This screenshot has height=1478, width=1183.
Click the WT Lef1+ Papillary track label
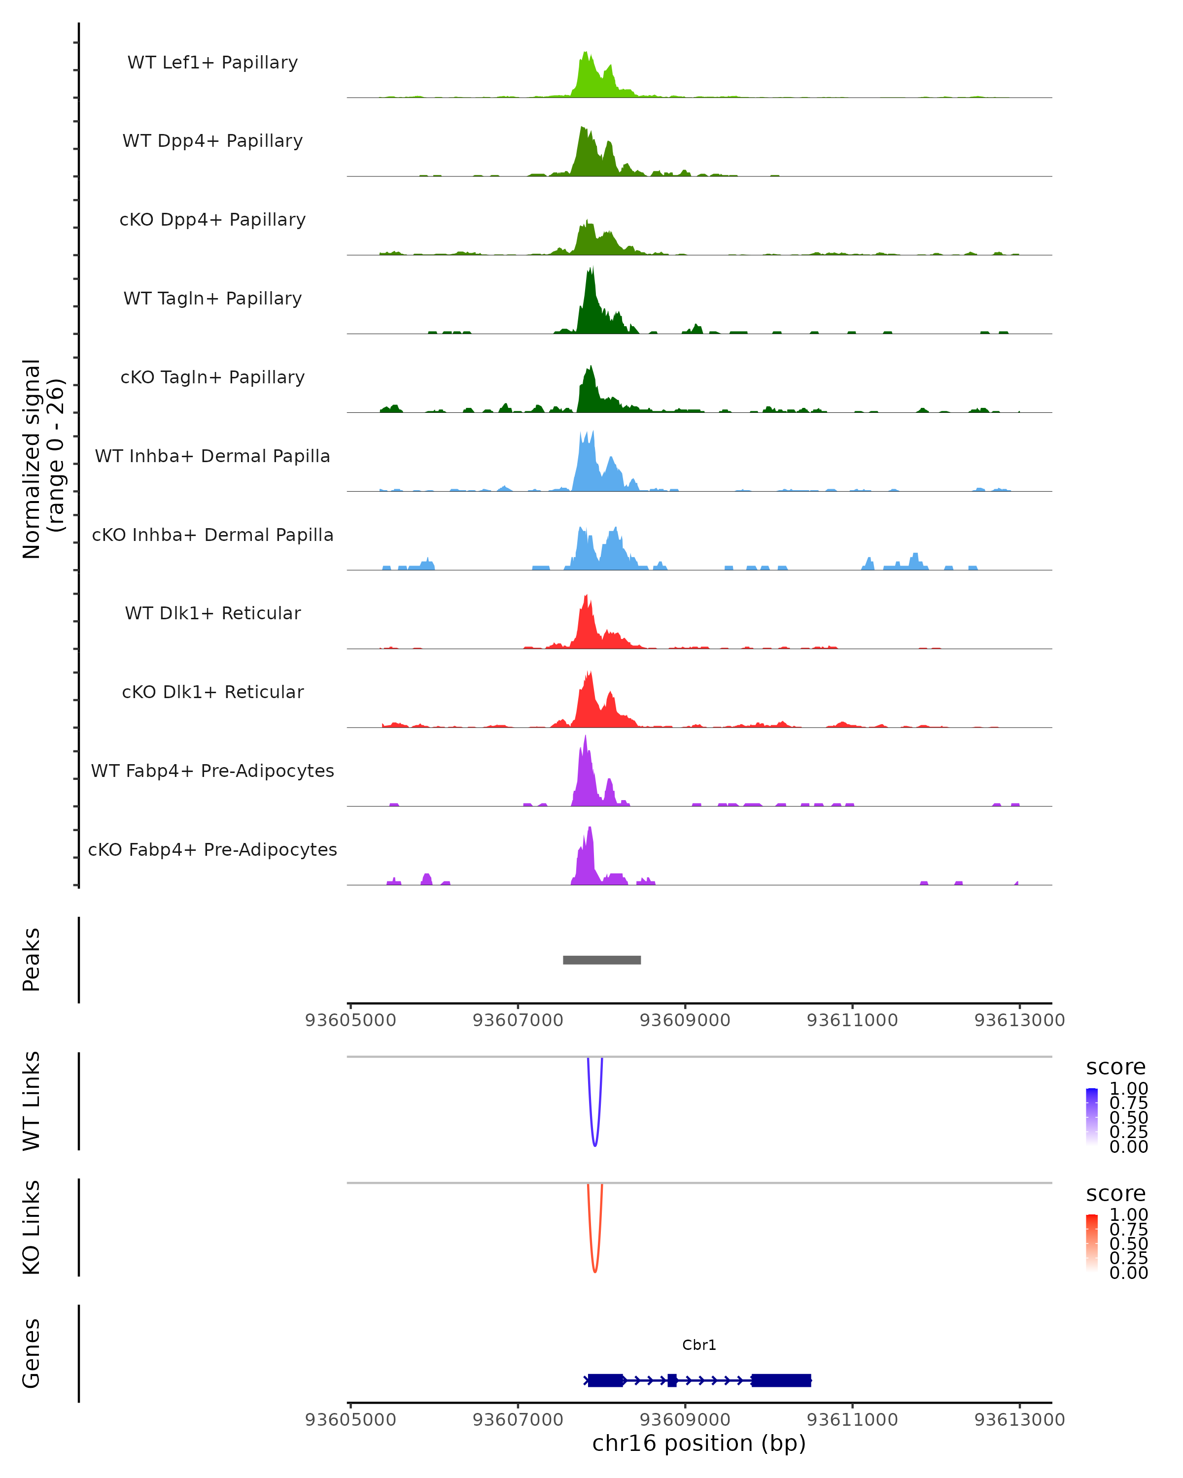pos(212,63)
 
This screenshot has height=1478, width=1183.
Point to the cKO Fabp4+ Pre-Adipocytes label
pos(212,849)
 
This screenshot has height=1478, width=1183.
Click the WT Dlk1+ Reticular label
pos(212,613)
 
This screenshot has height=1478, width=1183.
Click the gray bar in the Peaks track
pos(601,960)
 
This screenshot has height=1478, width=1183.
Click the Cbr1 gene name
pos(699,1345)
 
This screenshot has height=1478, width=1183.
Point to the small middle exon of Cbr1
pos(672,1380)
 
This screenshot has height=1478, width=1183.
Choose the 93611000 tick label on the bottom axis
pos(852,1420)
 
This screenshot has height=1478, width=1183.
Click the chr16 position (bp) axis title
pos(699,1444)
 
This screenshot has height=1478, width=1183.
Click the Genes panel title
pos(31,1354)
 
